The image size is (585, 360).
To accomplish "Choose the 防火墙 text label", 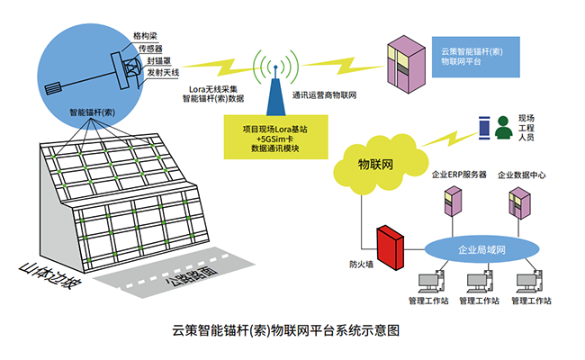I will [361, 265].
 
